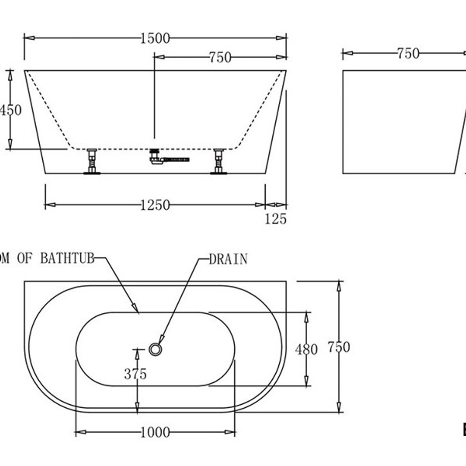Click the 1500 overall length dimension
click(x=155, y=38)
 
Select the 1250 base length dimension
click(x=155, y=205)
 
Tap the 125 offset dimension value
click(x=275, y=219)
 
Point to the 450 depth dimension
click(x=10, y=110)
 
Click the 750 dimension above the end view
click(x=408, y=54)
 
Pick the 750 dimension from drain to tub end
click(x=220, y=57)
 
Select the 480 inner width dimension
click(x=306, y=349)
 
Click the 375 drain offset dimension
click(x=135, y=374)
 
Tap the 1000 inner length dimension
click(x=155, y=432)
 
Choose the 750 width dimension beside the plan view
click(x=339, y=347)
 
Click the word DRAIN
click(x=228, y=259)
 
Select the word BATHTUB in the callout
click(x=67, y=258)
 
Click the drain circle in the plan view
click(x=155, y=349)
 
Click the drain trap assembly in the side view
click(x=164, y=158)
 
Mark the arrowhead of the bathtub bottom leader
click(x=136, y=309)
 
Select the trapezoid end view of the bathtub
click(x=401, y=122)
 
